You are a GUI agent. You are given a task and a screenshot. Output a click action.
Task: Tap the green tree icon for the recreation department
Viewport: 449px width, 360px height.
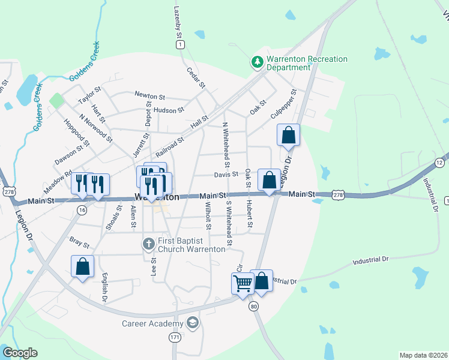257,61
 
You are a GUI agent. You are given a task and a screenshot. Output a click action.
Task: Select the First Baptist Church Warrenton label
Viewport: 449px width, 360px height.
191,245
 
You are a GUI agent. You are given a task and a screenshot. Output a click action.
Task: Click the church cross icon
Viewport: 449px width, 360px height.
149,244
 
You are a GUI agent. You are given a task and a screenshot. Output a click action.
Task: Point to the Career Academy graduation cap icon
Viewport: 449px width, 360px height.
192,323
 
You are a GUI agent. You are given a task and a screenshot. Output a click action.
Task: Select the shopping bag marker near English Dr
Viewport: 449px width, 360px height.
82,266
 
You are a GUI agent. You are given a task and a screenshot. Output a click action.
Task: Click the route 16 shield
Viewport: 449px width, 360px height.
82,210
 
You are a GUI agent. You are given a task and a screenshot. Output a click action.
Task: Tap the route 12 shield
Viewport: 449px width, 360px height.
440,163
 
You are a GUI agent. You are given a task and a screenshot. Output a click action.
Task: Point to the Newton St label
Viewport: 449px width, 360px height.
150,95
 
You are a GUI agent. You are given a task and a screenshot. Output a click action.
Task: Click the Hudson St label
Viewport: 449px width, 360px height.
169,110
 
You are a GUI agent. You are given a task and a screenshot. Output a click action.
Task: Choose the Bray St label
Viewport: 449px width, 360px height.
79,245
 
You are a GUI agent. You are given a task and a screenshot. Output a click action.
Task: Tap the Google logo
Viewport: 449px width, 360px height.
20,353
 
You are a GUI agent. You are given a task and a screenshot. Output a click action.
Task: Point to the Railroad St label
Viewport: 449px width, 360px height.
169,145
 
